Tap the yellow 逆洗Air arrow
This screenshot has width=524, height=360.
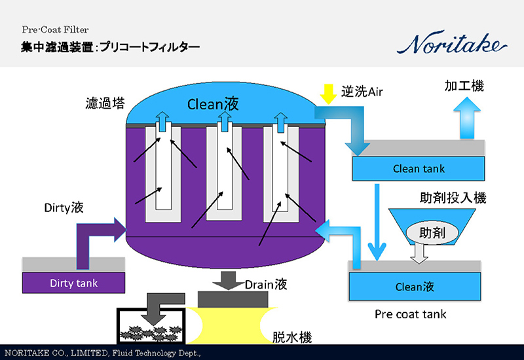click(327, 94)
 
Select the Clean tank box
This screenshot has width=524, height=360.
click(418, 168)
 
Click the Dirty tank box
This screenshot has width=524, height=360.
click(73, 283)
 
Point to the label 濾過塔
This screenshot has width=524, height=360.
click(105, 103)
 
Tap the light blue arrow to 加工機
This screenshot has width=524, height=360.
click(469, 118)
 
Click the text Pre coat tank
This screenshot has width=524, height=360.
click(410, 314)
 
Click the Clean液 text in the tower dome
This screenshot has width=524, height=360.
click(214, 104)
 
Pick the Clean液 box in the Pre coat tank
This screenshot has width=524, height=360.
click(414, 286)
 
